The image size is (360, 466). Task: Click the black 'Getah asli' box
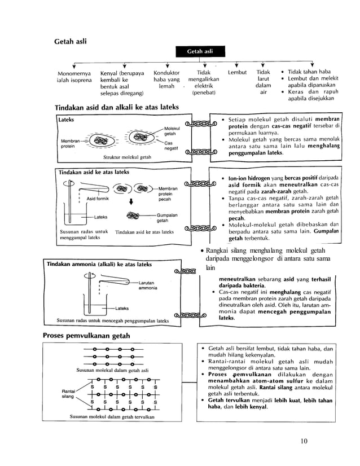point(202,52)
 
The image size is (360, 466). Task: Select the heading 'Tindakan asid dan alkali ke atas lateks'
point(117,107)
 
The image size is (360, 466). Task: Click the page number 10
point(304,441)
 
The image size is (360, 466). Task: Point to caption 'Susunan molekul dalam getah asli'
point(113,370)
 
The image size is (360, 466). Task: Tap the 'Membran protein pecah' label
point(168,194)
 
